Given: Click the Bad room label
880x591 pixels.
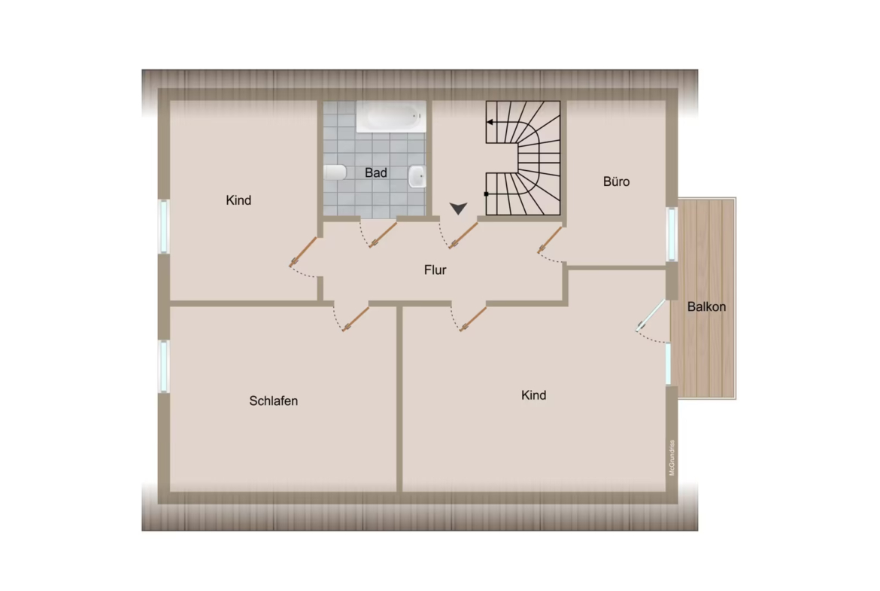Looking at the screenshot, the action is [376, 172].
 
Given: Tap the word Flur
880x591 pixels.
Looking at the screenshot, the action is [435, 270].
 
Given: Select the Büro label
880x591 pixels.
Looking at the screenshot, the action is [616, 181].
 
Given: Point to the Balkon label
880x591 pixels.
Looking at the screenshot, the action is [706, 306].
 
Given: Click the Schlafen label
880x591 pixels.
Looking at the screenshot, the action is [273, 401].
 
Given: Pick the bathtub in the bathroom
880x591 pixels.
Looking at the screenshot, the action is [391, 117].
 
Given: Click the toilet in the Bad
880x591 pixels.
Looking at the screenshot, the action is [335, 172].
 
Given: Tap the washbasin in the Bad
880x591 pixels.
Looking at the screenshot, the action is [417, 176].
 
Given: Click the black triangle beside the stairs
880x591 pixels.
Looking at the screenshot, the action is [459, 209].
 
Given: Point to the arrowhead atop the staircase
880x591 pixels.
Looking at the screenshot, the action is [490, 122].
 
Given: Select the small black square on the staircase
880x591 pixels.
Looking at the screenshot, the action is [486, 193].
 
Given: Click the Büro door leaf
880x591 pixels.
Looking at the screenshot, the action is [550, 239].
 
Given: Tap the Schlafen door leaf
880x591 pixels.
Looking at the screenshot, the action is [355, 319].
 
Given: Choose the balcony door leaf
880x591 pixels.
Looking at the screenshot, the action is [651, 315].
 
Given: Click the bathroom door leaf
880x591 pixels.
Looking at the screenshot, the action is [383, 235].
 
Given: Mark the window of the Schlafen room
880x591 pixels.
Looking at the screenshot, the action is [164, 367].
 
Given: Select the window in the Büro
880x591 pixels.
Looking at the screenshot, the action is [672, 234].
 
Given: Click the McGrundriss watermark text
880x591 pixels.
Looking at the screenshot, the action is [672, 458].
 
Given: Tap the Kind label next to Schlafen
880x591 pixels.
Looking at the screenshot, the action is [533, 395].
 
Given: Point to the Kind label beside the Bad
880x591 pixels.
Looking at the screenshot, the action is [238, 200].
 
